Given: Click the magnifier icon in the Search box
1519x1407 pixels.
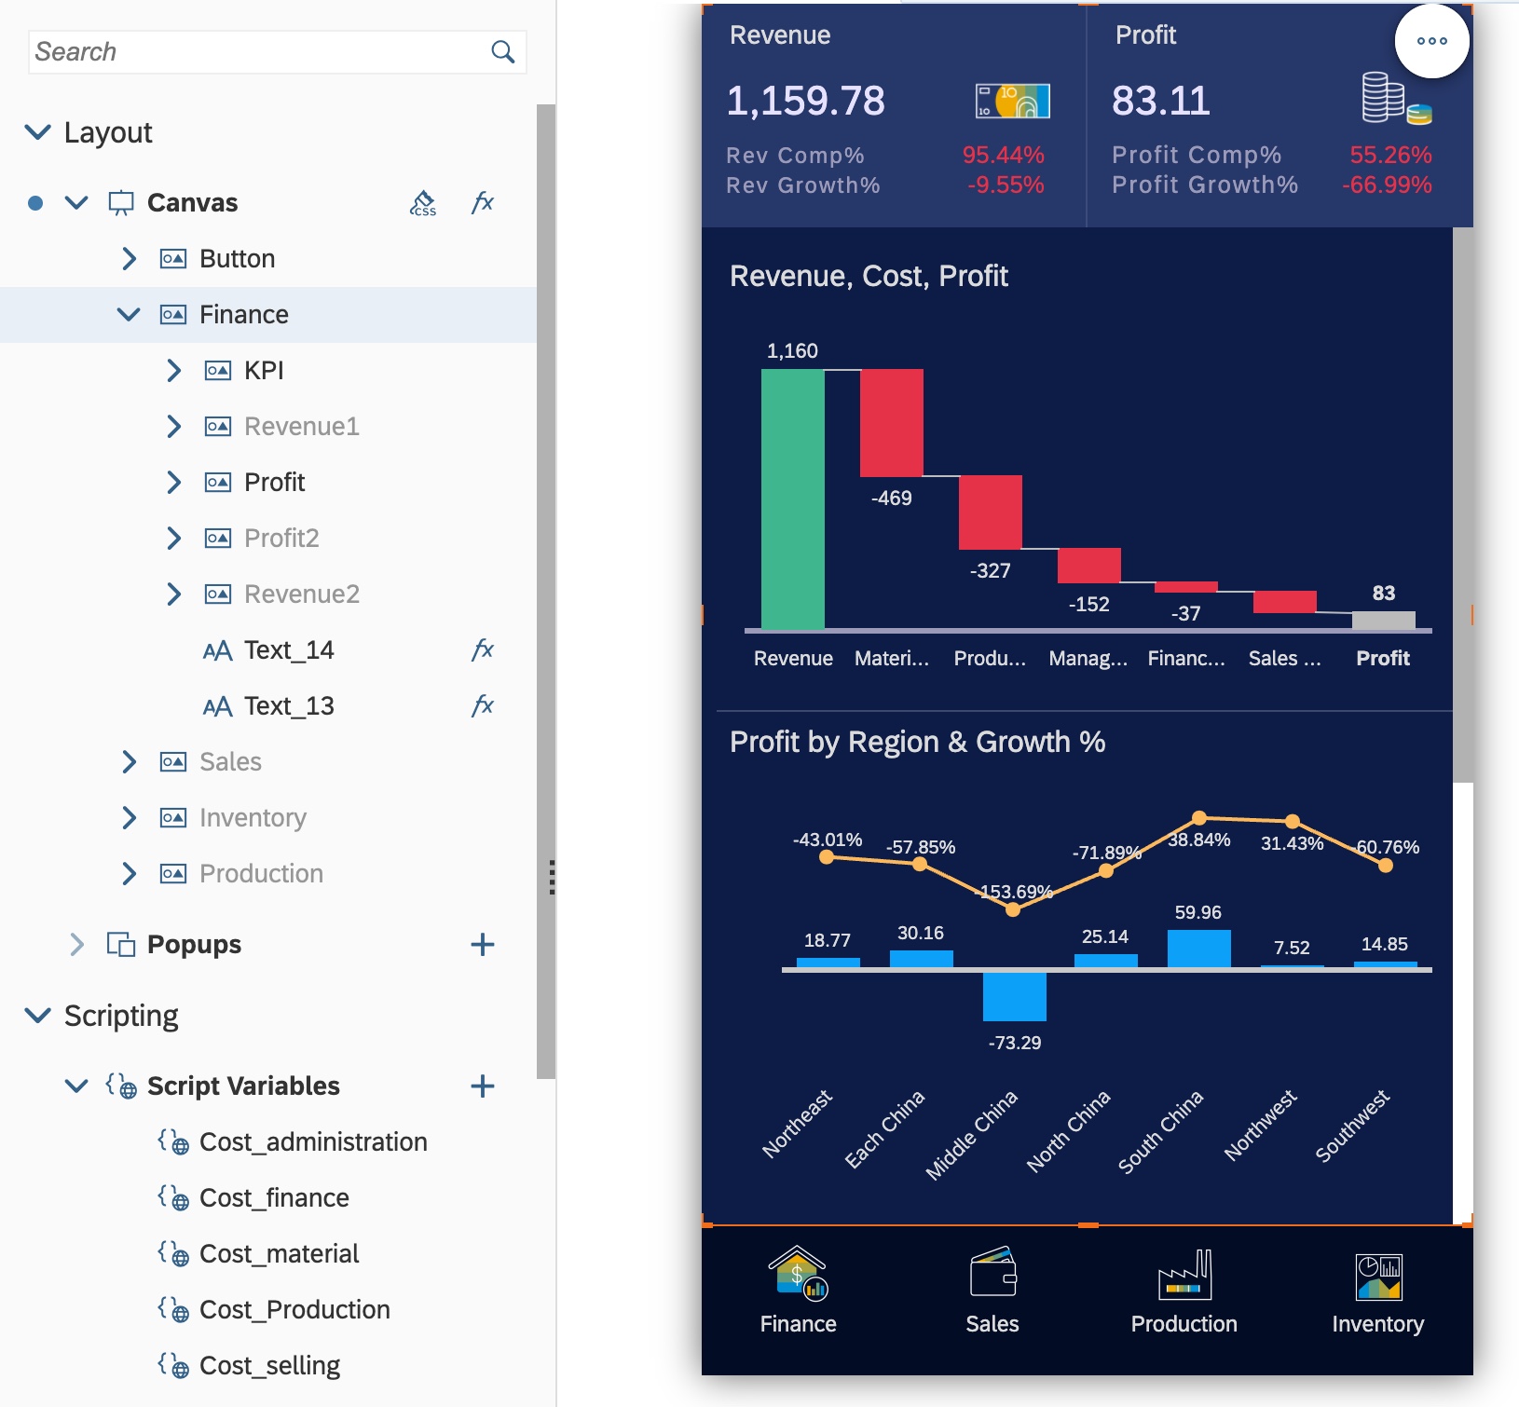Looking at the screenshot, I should [502, 52].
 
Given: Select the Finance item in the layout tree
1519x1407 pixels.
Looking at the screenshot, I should [243, 315].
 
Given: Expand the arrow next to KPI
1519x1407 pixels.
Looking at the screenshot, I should [173, 371].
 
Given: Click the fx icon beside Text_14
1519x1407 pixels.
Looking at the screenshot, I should [482, 650].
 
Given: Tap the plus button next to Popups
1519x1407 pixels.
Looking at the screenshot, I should [482, 945].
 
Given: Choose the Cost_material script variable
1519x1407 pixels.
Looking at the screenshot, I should [279, 1254].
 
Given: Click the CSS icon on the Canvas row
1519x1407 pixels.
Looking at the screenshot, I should [423, 203].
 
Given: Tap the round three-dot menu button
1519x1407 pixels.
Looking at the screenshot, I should [1431, 41].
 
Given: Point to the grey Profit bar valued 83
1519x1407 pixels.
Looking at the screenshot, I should [1383, 621].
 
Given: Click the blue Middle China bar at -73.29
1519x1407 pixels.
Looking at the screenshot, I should [1014, 996].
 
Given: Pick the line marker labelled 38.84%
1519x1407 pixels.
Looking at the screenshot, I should [1199, 818].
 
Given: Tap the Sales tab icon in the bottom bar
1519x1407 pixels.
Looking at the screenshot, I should [992, 1273].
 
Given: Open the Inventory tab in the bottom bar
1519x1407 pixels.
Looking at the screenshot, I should [1377, 1291].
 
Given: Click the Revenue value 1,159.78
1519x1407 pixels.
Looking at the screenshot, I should [805, 101].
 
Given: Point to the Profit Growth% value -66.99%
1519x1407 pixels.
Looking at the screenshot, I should [1386, 184].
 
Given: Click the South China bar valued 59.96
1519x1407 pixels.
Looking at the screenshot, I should [1198, 949].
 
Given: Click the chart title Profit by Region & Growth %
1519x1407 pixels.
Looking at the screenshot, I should [917, 742].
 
